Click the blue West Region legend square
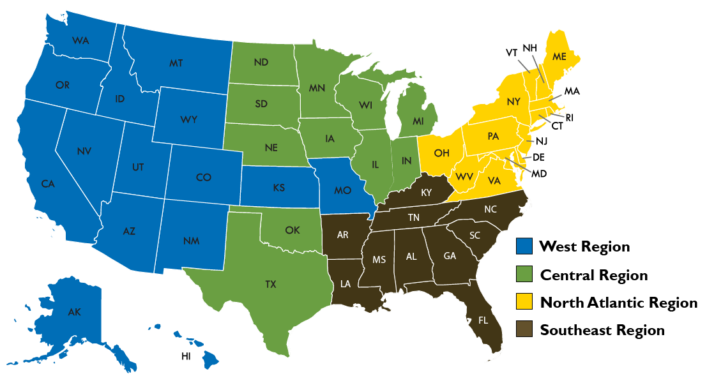click(x=524, y=246)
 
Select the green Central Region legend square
click(x=524, y=275)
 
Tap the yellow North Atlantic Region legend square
click(x=524, y=302)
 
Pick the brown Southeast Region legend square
click(x=524, y=329)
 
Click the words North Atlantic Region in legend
click(x=618, y=303)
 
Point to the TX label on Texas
click(x=271, y=285)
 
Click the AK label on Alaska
click(x=74, y=312)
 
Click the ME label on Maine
click(x=559, y=57)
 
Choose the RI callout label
click(x=570, y=117)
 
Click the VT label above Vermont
click(x=512, y=52)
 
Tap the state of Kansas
click(x=278, y=189)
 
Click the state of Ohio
click(x=440, y=154)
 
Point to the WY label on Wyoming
click(x=189, y=120)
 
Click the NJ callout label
click(x=542, y=140)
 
